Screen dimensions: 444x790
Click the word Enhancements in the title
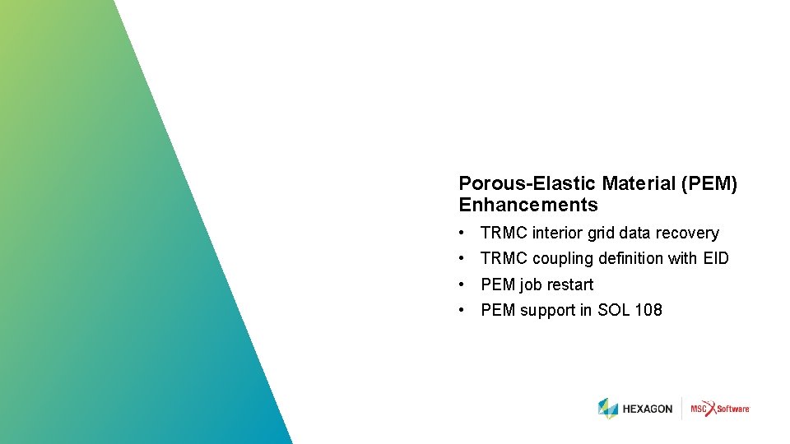527,205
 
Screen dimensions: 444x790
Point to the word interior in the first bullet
558,234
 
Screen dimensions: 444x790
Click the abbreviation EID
716,259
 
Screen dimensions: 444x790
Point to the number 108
648,310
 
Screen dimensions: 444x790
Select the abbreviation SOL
612,310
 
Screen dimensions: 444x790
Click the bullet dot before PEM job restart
464,284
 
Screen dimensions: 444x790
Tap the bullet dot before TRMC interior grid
464,234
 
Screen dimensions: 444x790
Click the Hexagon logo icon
608,409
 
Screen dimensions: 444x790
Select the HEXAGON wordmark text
648,409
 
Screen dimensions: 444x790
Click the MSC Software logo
720,409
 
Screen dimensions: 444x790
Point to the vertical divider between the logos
681,409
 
